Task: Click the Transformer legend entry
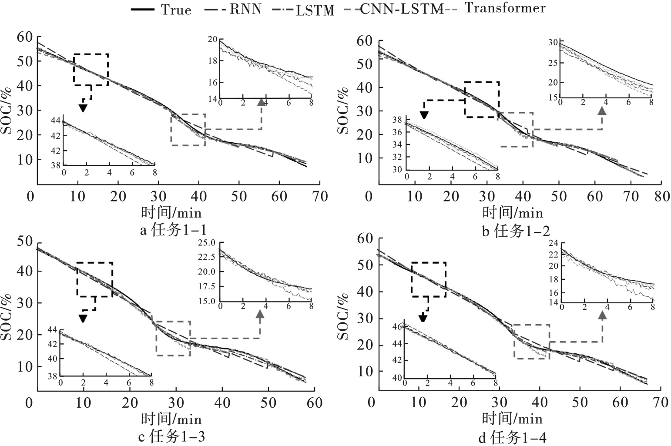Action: [505, 8]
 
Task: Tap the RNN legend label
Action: [246, 9]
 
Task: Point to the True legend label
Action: [176, 10]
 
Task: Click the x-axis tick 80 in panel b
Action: [662, 196]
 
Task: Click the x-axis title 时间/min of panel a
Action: [171, 213]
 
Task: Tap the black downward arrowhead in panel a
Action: [83, 108]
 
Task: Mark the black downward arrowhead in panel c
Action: [83, 319]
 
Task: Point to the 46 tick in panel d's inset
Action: [396, 325]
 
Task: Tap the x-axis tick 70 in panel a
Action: [320, 196]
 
